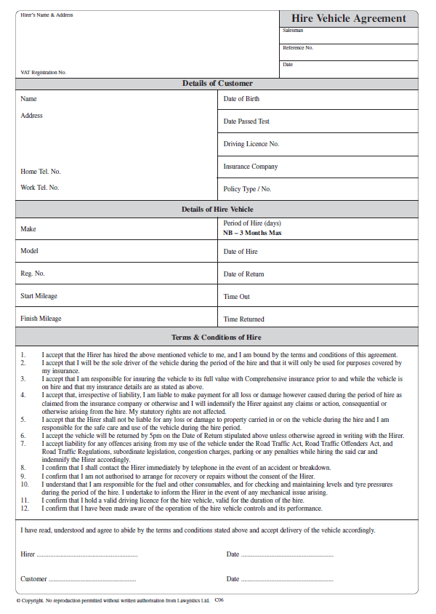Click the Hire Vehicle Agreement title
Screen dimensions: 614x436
click(349, 18)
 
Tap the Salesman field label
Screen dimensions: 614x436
click(293, 31)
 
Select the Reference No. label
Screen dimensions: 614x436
click(298, 48)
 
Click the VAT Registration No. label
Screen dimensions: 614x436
click(43, 72)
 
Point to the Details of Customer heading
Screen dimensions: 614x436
click(217, 84)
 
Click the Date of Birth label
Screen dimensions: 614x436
click(241, 99)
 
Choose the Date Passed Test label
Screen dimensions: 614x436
click(246, 121)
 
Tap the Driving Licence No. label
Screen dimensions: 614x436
click(251, 144)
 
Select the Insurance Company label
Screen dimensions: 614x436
click(251, 167)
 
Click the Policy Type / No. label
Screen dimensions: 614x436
click(247, 189)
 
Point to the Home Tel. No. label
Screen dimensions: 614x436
click(41, 172)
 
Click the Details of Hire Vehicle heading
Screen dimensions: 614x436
click(217, 210)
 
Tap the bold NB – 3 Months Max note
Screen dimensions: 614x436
click(252, 233)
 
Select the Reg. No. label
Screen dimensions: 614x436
click(33, 274)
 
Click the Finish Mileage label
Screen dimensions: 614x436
click(41, 319)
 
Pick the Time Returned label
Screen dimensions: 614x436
click(243, 319)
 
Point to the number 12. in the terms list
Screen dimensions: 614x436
click(24, 507)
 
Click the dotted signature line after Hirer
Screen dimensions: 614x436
click(87, 555)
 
